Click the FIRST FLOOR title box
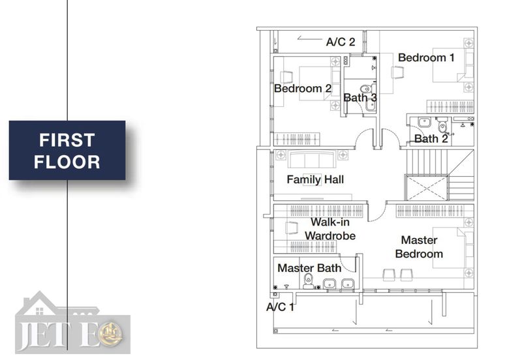point(67,151)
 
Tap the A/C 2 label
point(340,42)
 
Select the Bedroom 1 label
point(426,57)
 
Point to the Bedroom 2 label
point(303,89)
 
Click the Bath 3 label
point(360,98)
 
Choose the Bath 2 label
point(431,139)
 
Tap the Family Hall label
point(315,179)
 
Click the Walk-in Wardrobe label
point(330,229)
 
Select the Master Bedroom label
point(419,247)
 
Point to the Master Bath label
point(309,268)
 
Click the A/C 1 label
point(280,307)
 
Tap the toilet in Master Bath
point(309,282)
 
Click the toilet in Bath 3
point(366,89)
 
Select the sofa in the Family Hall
point(312,159)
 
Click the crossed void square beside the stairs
point(427,188)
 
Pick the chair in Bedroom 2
point(286,77)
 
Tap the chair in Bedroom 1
point(397,72)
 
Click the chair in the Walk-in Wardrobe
point(292,228)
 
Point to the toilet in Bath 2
point(442,125)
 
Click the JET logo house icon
point(40,303)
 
